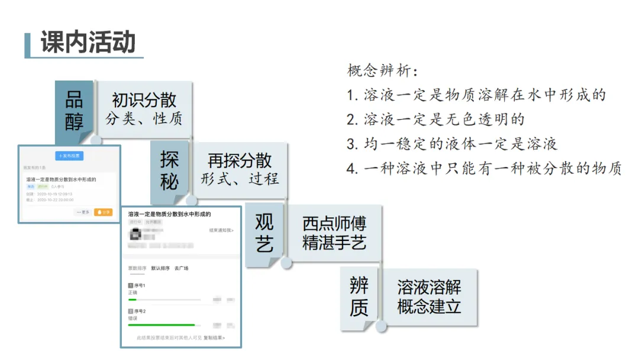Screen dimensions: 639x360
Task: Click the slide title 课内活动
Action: click(x=88, y=42)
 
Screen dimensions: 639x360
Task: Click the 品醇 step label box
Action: click(x=74, y=111)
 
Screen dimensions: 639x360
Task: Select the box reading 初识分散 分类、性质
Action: click(x=144, y=109)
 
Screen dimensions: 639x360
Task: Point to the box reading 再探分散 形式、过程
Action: click(x=240, y=169)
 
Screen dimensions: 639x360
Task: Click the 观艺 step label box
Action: click(x=264, y=233)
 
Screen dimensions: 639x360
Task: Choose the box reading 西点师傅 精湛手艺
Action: click(x=334, y=233)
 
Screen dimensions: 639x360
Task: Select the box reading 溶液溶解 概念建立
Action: click(x=429, y=297)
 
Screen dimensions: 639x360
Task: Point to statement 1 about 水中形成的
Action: click(x=476, y=95)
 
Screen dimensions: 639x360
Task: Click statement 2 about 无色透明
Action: click(x=435, y=120)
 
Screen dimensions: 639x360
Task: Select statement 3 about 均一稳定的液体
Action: click(x=452, y=144)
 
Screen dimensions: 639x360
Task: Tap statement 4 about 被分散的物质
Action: click(x=484, y=169)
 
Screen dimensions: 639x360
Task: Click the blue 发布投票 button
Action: click(x=70, y=156)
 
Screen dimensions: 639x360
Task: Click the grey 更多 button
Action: click(x=83, y=212)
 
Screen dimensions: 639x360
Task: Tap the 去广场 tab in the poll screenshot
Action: click(x=181, y=268)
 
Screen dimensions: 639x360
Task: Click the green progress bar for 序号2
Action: click(x=162, y=325)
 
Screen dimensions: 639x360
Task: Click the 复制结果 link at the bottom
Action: click(x=214, y=338)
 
